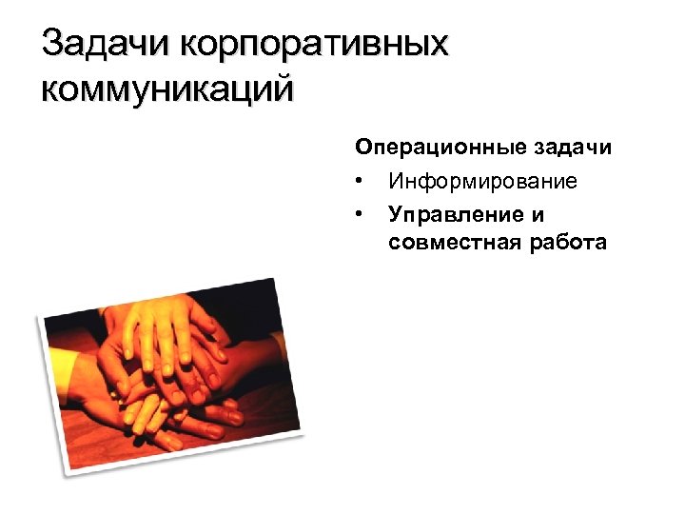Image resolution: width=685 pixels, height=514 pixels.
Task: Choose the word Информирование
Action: (x=482, y=181)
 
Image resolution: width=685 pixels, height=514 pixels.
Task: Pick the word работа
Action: (x=565, y=243)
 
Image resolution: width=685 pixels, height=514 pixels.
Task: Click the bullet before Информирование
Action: (x=359, y=181)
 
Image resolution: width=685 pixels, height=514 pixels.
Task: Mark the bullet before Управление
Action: (x=359, y=212)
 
